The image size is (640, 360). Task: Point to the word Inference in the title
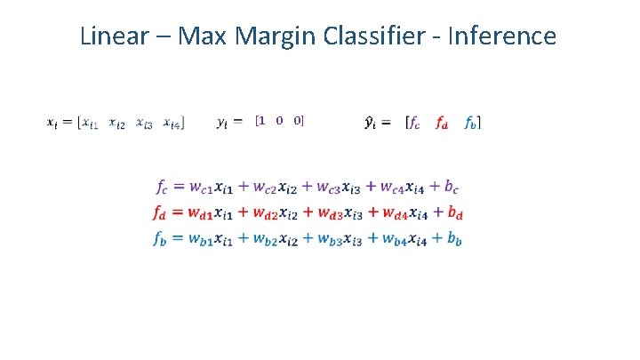pos(504,36)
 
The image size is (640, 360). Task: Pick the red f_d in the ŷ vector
pos(442,123)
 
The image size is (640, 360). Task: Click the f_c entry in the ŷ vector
pos(413,123)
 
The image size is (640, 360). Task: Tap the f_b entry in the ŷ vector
pos(471,123)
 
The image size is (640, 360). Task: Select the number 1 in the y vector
pos(261,120)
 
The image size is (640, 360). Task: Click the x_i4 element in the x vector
pos(172,123)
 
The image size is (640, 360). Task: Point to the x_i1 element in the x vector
pos(90,123)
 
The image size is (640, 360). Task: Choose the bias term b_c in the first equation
pos(452,188)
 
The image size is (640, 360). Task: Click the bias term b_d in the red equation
pos(454,213)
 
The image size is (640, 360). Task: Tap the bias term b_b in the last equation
pos(453,238)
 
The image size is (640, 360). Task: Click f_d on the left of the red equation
pos(161,213)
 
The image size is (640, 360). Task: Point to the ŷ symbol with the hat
pos(371,123)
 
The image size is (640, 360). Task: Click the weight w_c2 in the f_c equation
pos(265,188)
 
